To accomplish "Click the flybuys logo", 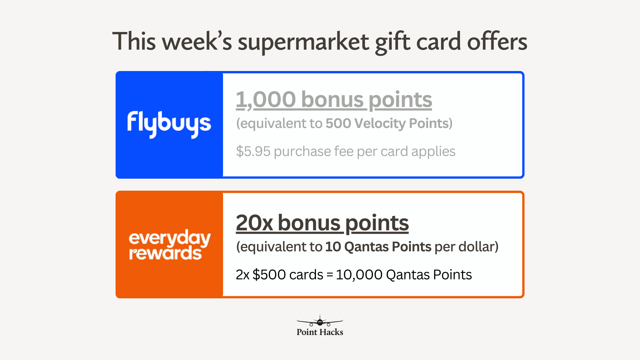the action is (169, 124).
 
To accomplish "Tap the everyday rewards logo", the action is (170, 245).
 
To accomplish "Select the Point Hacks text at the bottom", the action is (320, 332).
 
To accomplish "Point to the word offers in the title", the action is (497, 41).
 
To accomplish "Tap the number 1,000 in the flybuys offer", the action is (266, 100).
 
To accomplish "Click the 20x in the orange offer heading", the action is (254, 223).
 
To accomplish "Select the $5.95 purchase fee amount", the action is (253, 151).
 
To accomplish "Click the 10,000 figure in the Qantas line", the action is (359, 275).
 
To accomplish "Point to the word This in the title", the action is (134, 41).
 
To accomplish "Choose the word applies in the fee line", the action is (433, 152).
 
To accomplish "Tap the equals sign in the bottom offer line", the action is (330, 275).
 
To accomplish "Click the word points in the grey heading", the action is (400, 100).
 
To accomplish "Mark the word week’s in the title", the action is (197, 41).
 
